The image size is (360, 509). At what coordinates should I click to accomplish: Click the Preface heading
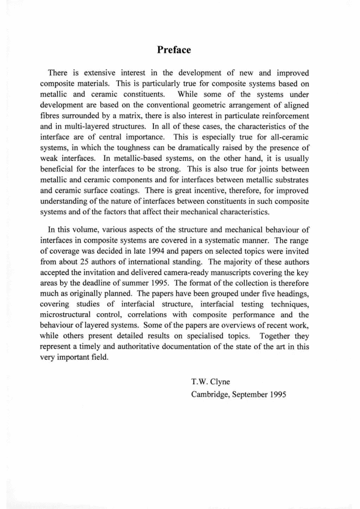(x=174, y=50)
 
